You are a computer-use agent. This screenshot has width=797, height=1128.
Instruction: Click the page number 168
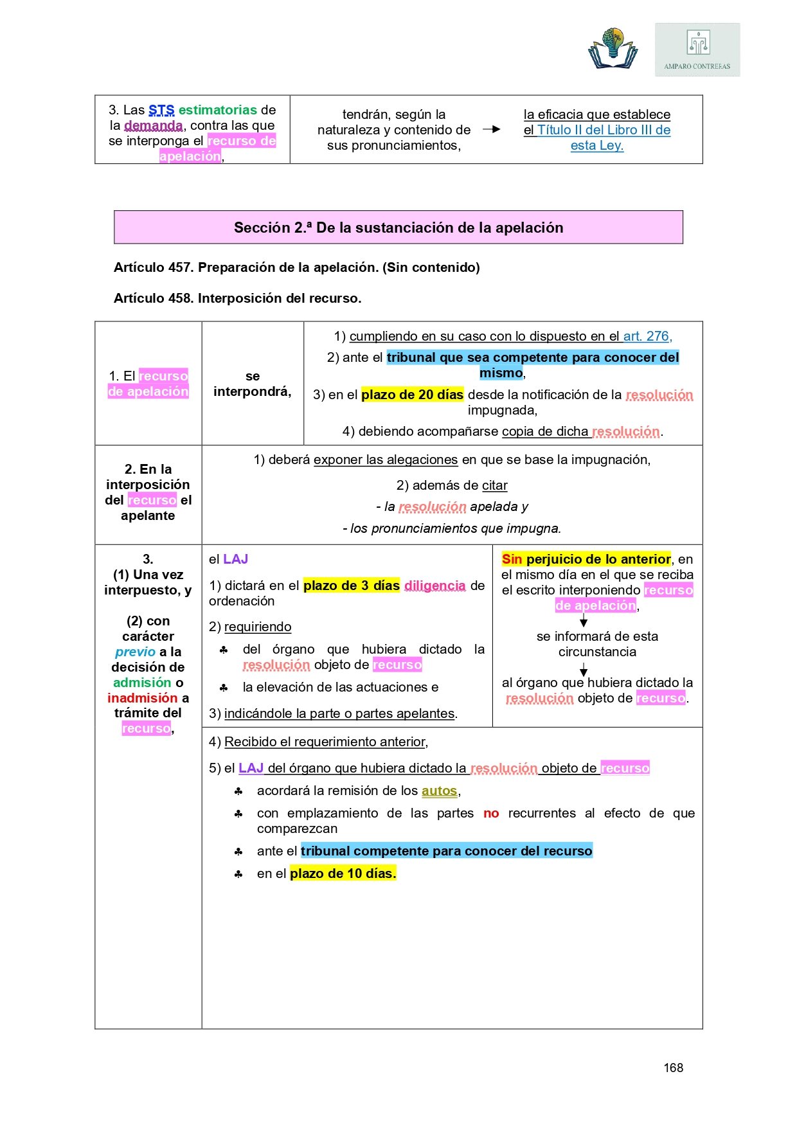coord(673,1068)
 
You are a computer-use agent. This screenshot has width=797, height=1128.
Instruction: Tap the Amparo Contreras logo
coord(697,49)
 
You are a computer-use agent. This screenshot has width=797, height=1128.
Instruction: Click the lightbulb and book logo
coord(613,48)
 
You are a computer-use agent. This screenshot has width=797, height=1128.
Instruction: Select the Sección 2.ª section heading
coord(398,228)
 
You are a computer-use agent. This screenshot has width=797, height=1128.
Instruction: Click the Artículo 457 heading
coord(296,267)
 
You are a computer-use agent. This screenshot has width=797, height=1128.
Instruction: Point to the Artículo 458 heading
coord(237,298)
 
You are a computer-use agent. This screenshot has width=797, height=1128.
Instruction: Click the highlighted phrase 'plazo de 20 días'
coord(412,395)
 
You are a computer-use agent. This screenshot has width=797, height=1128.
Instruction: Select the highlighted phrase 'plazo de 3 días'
coord(352,586)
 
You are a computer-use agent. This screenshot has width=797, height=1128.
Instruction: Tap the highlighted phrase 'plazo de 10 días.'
coord(343,873)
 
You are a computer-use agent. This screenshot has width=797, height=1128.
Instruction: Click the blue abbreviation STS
coord(161,110)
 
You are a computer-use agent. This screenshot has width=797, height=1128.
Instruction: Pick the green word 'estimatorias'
coord(218,110)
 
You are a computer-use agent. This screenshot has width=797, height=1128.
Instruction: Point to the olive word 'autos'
coord(439,791)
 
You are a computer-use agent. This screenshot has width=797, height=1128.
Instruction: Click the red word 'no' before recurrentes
coord(491,813)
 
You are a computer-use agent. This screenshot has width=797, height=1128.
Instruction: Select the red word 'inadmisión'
coord(142,698)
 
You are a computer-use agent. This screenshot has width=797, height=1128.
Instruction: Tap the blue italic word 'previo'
coord(135,652)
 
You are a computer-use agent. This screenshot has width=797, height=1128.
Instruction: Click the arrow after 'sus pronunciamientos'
coord(492,129)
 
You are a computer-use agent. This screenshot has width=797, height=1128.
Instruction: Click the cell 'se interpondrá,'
coord(253,384)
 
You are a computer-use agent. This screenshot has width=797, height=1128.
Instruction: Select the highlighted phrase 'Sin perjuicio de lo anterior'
coord(586,559)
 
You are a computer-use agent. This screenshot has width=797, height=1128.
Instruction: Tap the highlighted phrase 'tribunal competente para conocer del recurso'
coord(446,851)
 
